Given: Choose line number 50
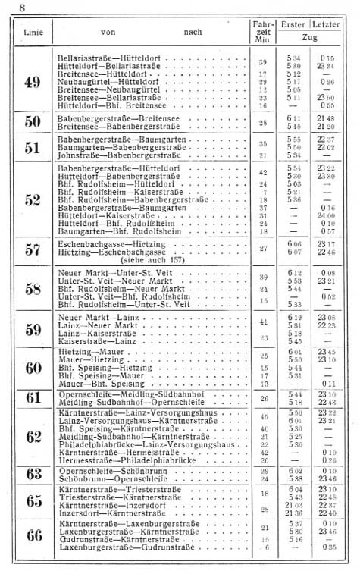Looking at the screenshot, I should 33,121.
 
